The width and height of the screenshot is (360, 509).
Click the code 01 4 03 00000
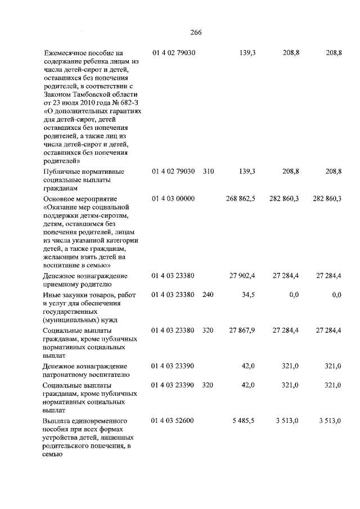click(x=173, y=199)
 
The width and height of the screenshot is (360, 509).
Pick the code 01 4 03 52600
click(x=173, y=421)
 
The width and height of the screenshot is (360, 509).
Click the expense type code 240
click(x=208, y=295)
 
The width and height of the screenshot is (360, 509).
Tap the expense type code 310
click(x=208, y=171)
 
